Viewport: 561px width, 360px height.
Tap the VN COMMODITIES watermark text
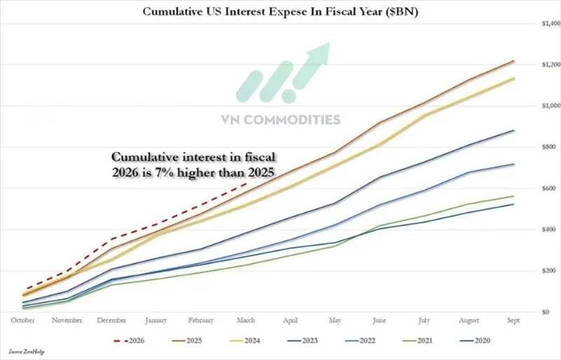[x=280, y=120]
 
